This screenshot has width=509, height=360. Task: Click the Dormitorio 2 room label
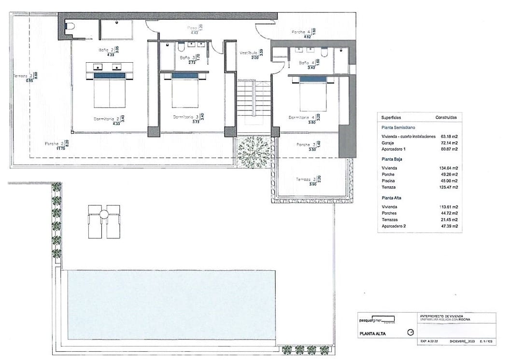click(x=105, y=118)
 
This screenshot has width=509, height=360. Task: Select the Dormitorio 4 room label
click(x=301, y=117)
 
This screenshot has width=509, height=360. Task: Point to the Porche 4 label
click(x=300, y=32)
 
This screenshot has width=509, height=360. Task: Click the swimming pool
click(x=171, y=304)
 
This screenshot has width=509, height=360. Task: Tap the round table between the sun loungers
click(x=104, y=214)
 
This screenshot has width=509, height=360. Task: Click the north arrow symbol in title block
click(x=411, y=332)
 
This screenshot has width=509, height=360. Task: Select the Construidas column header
click(x=446, y=117)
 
